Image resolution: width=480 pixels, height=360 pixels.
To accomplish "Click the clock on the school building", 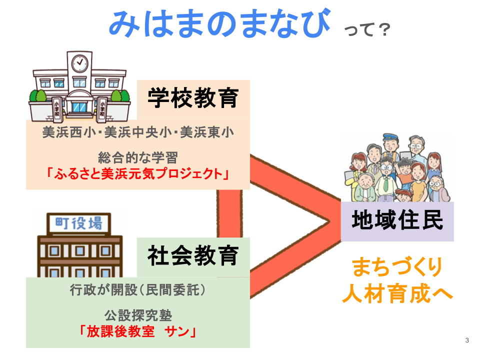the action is coord(79,63).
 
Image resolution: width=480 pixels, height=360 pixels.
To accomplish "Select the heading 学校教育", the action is coord(192,97).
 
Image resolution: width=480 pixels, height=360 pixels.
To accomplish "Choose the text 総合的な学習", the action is coord(137,158).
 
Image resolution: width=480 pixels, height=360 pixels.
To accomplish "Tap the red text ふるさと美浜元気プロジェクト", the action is coord(137,174).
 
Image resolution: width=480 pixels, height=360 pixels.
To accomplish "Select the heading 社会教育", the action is coord(192,256).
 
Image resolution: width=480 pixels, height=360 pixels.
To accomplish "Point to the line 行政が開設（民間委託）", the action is coord(137,290).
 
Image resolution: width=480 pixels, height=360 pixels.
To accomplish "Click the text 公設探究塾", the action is coord(137,315).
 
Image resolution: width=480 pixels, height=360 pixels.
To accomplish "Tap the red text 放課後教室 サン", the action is coord(137,331).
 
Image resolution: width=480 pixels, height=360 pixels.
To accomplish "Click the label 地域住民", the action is coord(397,220).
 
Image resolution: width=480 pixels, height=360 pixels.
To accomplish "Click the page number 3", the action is coord(467,341).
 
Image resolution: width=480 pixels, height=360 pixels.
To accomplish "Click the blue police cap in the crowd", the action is coord(390,138).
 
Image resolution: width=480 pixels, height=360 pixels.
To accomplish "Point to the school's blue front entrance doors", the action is coord(79,106).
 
